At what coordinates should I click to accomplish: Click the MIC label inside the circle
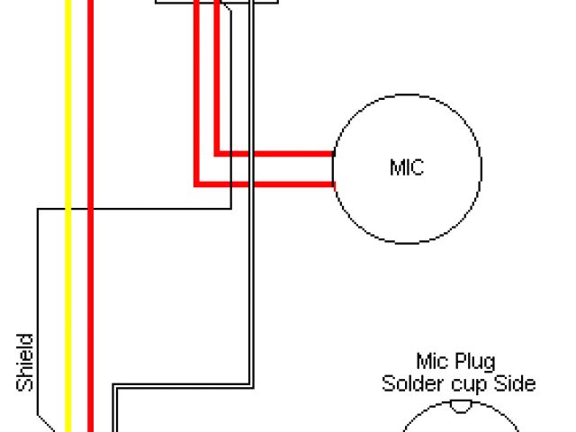(407, 167)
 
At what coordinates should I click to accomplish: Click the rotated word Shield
(26, 363)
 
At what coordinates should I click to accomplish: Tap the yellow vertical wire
(68, 270)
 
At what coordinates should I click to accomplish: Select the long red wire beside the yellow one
(90, 270)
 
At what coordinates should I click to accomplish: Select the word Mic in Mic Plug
(430, 362)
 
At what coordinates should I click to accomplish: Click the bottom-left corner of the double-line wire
(114, 389)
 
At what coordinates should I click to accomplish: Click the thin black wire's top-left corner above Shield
(38, 211)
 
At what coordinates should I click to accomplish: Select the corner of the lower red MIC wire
(196, 184)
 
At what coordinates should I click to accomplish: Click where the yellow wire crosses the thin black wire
(68, 210)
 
